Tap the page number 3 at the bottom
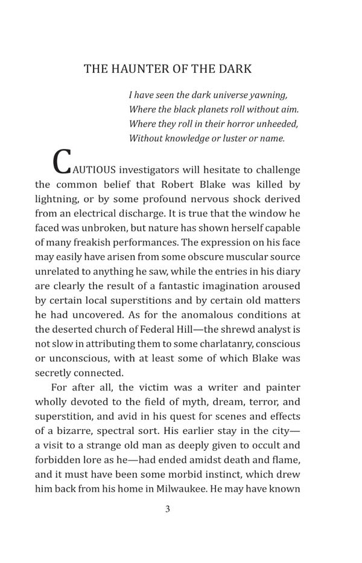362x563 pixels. [168, 509]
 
